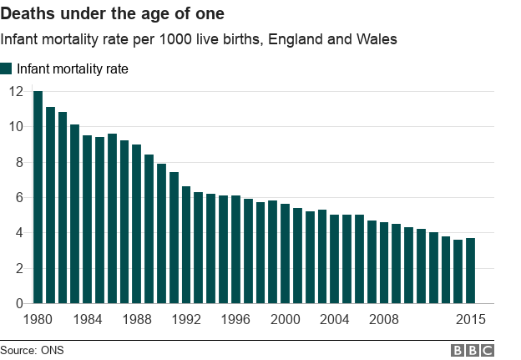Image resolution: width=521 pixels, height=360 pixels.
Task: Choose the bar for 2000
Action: (x=286, y=254)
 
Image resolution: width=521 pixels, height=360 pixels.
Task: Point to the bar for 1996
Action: (x=235, y=250)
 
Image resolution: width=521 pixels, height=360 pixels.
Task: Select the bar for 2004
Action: (x=335, y=259)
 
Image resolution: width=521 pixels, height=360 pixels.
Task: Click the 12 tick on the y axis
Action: (x=16, y=91)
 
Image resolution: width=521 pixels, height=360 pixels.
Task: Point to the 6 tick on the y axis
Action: (x=19, y=198)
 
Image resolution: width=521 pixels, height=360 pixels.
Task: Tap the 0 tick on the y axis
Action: (x=19, y=304)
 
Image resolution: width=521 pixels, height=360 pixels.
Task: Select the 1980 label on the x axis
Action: (x=38, y=319)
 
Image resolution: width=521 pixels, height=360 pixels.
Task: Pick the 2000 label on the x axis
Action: (x=286, y=319)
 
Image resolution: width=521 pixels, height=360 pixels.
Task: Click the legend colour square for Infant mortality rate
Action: (x=7, y=69)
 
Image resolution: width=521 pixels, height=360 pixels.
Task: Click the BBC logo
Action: (x=473, y=350)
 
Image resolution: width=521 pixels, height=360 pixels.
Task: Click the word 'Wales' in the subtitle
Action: (x=376, y=39)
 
